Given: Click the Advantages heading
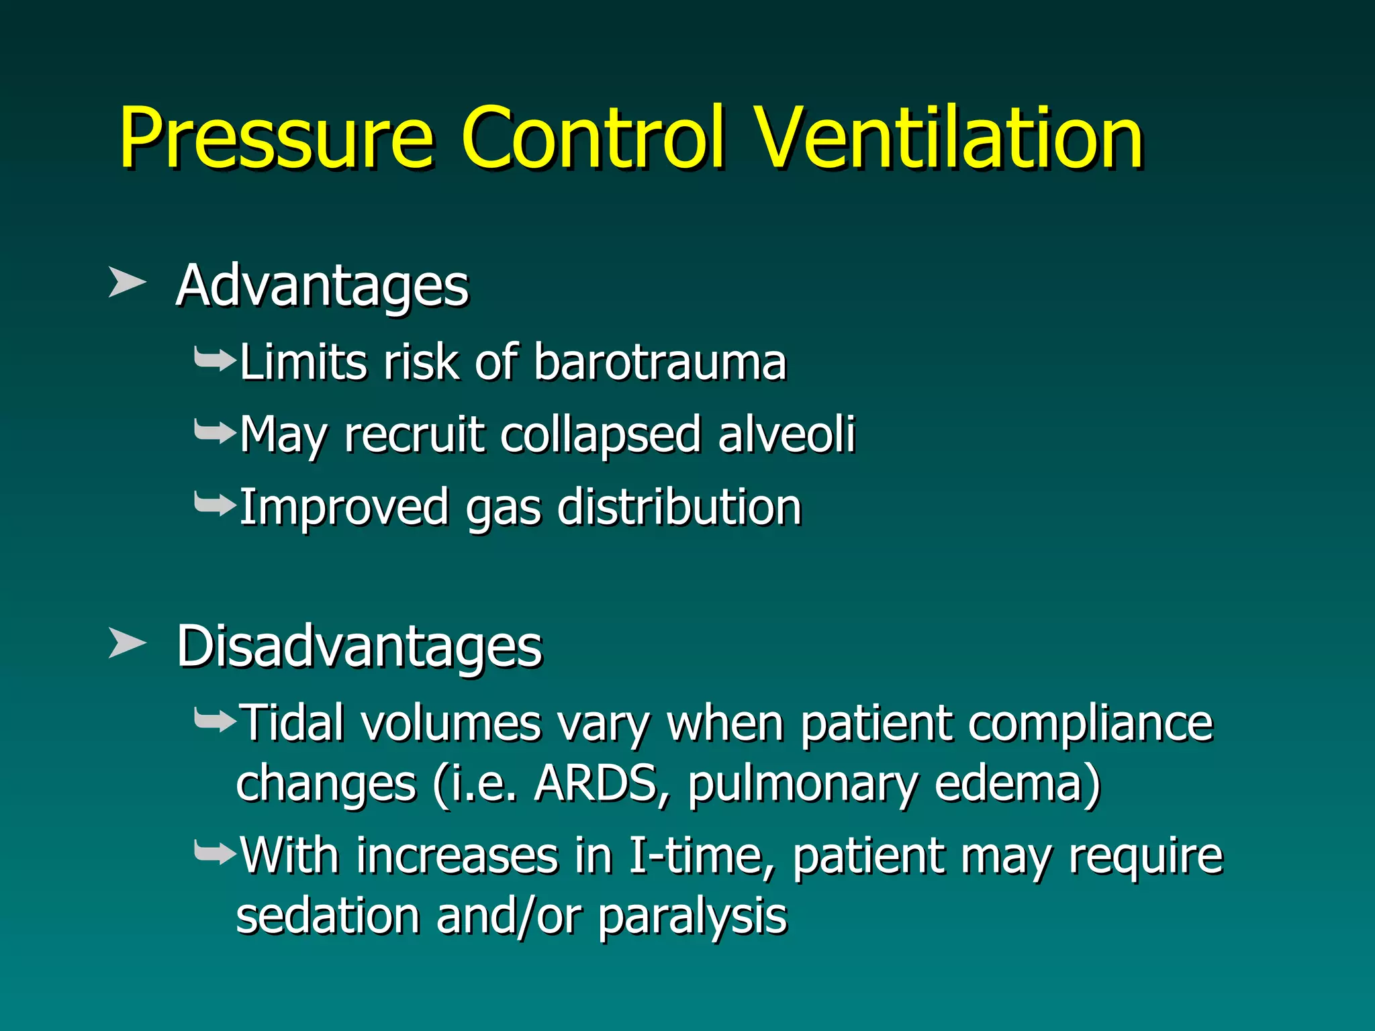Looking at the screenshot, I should pyautogui.click(x=322, y=286).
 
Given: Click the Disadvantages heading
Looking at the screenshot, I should pyautogui.click(x=359, y=646).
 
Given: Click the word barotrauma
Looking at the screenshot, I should pyautogui.click(x=659, y=362).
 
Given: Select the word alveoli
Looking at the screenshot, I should pyautogui.click(x=786, y=434).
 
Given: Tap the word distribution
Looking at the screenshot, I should pyautogui.click(x=679, y=507).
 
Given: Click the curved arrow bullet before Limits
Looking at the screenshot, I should pyautogui.click(x=214, y=360).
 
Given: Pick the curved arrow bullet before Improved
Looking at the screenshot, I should pyautogui.click(x=214, y=505).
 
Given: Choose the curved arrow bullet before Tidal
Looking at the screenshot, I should pyautogui.click(x=214, y=722).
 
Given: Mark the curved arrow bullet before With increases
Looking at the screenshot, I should pyautogui.click(x=214, y=854).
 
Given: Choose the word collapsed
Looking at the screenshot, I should pyautogui.click(x=601, y=436).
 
